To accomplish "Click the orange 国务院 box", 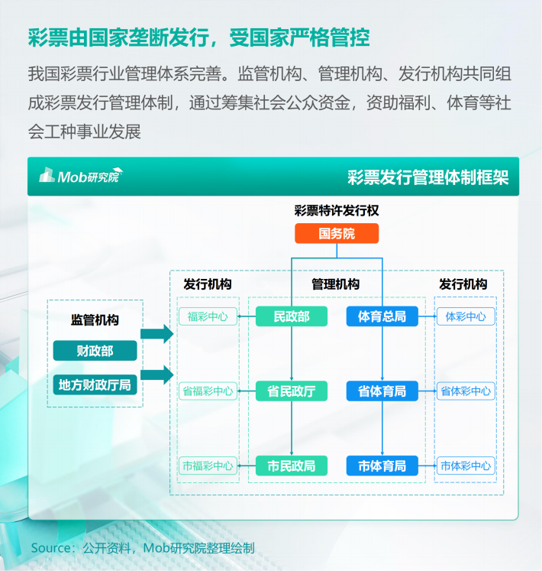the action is (337, 233).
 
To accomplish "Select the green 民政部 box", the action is (292, 316).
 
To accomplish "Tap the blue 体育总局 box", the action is (382, 316).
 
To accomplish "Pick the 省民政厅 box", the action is (292, 391).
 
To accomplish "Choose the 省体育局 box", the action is (382, 391).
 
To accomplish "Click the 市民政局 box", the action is (292, 466).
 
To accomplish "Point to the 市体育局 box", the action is (382, 466).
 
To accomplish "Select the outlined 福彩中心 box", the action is (208, 316).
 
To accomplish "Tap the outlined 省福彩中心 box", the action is (208, 391).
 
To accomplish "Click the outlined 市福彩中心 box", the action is (208, 466).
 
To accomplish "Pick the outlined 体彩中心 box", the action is (466, 316).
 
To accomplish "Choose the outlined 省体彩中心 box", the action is (466, 391).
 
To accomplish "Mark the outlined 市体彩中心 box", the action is (466, 466).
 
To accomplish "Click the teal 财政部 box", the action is (95, 351).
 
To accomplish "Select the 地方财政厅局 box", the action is (95, 385).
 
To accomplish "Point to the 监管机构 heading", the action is (95, 320).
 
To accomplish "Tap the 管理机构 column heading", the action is (335, 284).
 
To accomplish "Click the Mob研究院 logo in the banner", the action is (81, 176).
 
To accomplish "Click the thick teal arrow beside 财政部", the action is (157, 333).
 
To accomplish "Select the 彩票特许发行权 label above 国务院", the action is (337, 210).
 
